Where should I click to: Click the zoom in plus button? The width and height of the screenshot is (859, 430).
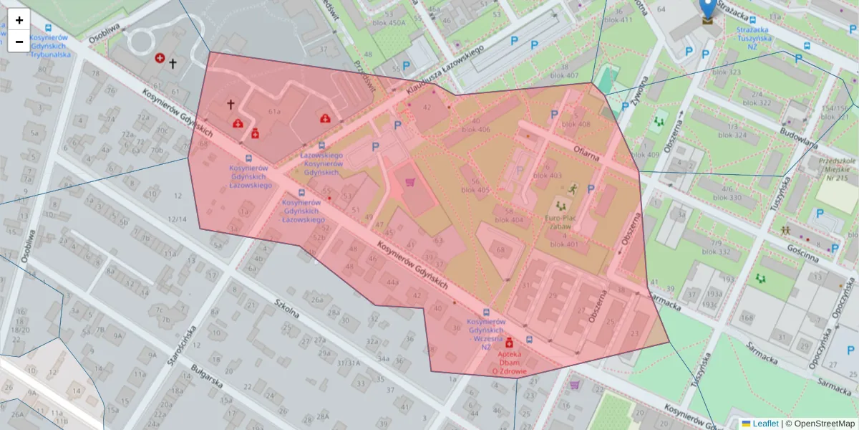tap(19, 20)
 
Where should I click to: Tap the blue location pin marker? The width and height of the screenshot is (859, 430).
tap(708, 9)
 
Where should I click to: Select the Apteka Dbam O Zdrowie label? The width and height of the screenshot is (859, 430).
tap(510, 363)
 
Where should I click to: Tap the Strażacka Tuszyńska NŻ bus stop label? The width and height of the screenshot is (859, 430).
tap(762, 38)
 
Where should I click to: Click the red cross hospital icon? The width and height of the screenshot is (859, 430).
tap(160, 57)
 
